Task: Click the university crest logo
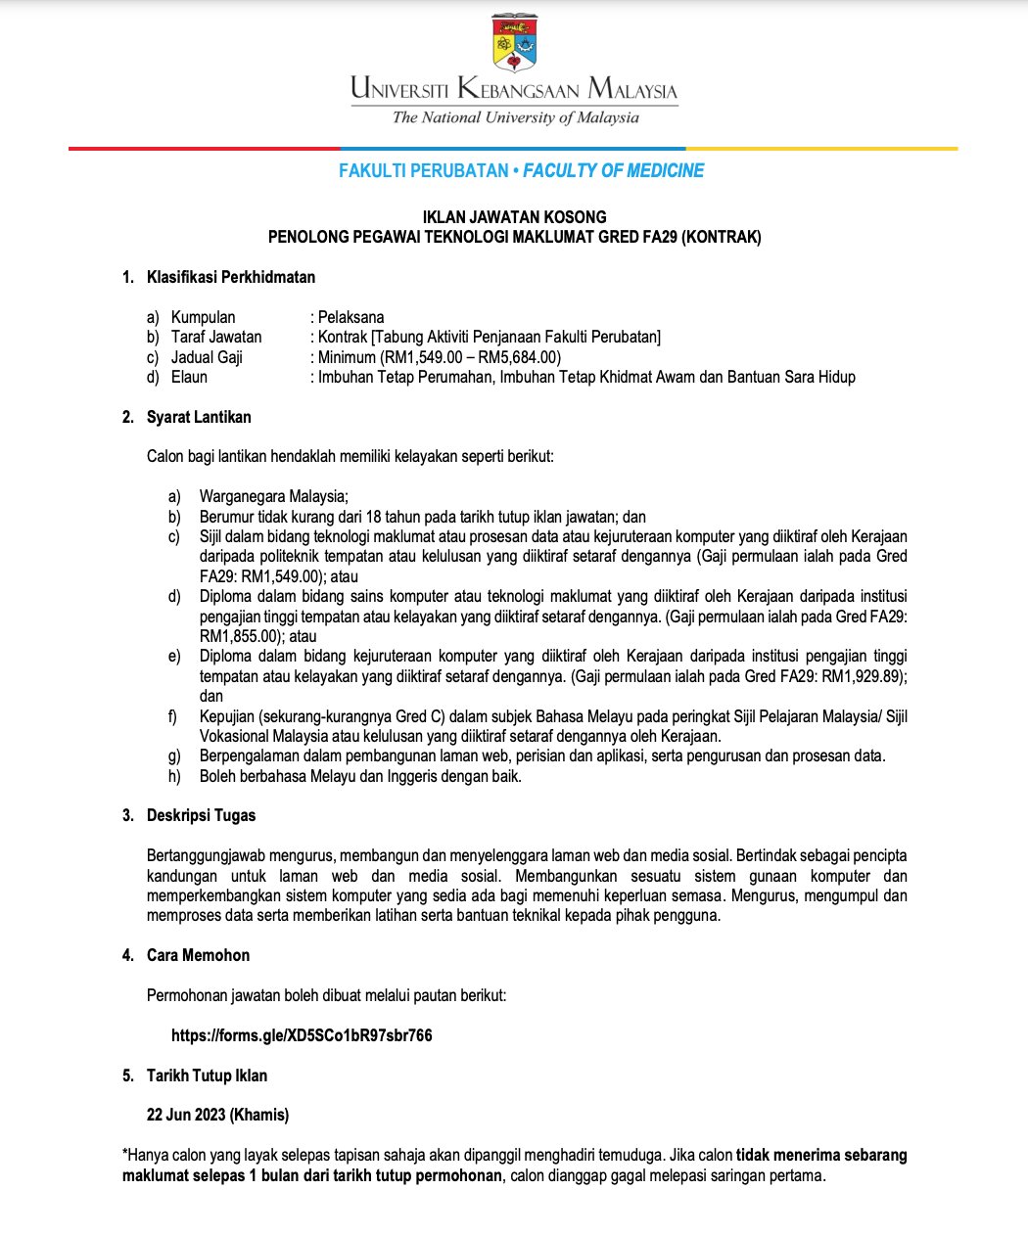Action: pyautogui.click(x=514, y=42)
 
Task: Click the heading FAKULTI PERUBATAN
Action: pyautogui.click(x=423, y=171)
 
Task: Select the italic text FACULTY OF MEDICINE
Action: pyautogui.click(x=614, y=171)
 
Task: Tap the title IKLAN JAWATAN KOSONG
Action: pyautogui.click(x=514, y=217)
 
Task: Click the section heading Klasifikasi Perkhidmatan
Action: pyautogui.click(x=231, y=277)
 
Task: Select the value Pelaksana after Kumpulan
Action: pyautogui.click(x=350, y=317)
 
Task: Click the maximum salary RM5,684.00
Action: pyautogui.click(x=519, y=357)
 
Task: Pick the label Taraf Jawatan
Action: pyautogui.click(x=216, y=337)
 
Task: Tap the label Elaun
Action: pyautogui.click(x=189, y=377)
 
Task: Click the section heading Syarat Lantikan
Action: pyautogui.click(x=199, y=417)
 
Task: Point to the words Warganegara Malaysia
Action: pyautogui.click(x=273, y=496)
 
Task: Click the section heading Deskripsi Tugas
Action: pyautogui.click(x=201, y=815)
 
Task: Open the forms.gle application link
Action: pyautogui.click(x=302, y=1035)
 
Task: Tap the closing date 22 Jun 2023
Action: pyautogui.click(x=186, y=1115)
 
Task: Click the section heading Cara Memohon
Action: pyautogui.click(x=198, y=955)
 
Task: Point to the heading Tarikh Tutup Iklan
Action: pyautogui.click(x=207, y=1075)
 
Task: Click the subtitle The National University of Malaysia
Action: pyautogui.click(x=515, y=117)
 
